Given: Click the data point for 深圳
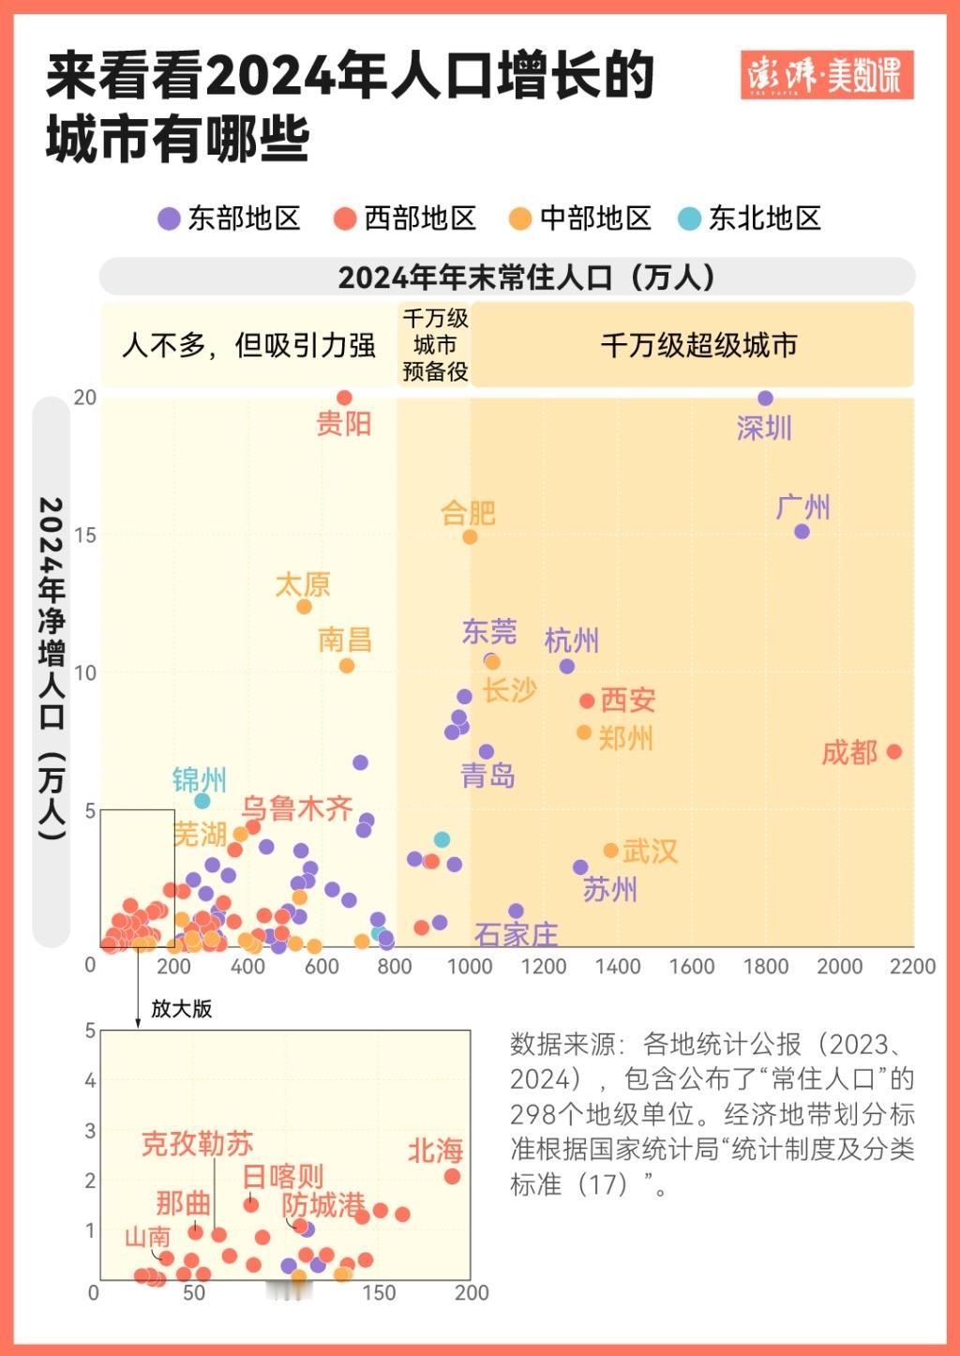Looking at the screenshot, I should click(x=765, y=399).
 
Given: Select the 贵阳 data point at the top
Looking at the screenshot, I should click(x=344, y=398).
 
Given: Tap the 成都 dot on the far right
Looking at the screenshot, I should click(x=893, y=751).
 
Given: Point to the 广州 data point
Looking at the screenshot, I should click(x=802, y=532).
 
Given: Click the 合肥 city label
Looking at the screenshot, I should click(x=468, y=513).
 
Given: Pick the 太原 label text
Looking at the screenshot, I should click(x=303, y=585).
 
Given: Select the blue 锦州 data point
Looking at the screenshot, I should click(x=202, y=801).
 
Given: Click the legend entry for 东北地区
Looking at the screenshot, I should click(x=750, y=218).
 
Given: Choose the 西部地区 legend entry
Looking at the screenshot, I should click(x=405, y=218).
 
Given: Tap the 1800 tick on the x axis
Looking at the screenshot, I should click(x=766, y=967).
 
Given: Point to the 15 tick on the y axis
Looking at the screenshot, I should click(x=85, y=535).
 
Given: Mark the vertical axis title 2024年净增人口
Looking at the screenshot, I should click(x=52, y=666).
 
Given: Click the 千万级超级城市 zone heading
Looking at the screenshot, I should click(x=698, y=345).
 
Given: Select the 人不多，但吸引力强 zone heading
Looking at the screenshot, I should click(x=248, y=345).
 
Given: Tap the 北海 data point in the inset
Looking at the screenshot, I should click(x=452, y=1176).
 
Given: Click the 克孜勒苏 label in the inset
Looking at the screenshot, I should click(x=197, y=1144).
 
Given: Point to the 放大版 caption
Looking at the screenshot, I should click(x=182, y=1009).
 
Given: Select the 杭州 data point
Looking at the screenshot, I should click(x=567, y=667).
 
